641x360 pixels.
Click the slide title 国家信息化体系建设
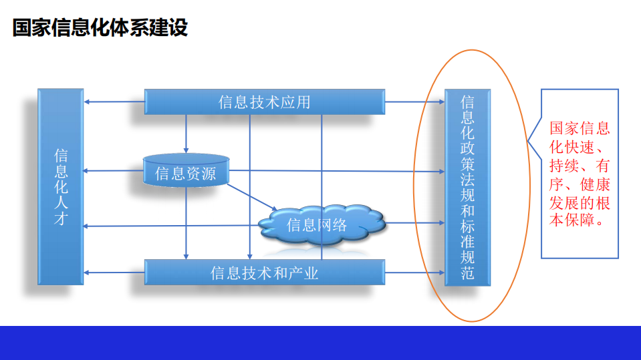point(100,29)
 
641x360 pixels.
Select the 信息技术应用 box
point(265,102)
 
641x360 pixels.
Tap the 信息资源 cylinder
point(186,173)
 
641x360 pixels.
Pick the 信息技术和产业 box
point(265,273)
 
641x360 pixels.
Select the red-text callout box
point(579,174)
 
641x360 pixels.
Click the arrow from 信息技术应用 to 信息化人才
point(114,102)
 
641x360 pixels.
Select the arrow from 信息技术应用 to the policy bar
point(414,102)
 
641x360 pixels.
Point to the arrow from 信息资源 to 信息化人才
point(114,171)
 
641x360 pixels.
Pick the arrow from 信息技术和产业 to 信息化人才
point(114,273)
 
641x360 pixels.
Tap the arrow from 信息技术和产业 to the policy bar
point(414,273)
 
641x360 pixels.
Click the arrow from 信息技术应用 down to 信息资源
point(186,133)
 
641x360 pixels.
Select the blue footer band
point(320,343)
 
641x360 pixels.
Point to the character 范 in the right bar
point(467,273)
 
